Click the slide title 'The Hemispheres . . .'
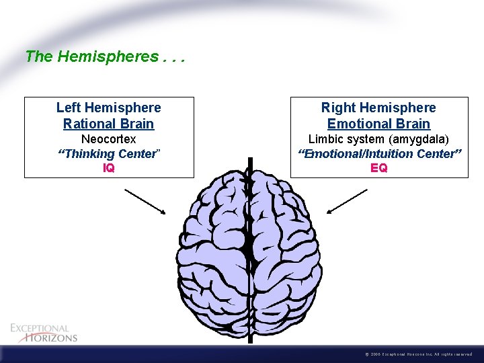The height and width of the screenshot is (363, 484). (104, 56)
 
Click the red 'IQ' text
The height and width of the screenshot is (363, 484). (109, 168)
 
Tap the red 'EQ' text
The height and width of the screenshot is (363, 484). (379, 168)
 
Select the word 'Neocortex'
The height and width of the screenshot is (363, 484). (109, 139)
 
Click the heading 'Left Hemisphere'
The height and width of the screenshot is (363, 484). (109, 108)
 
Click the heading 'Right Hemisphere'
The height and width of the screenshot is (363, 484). (378, 108)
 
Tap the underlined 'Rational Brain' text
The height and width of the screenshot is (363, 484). (109, 124)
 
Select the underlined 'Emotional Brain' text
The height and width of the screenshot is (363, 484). (378, 124)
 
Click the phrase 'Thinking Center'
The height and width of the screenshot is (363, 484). (109, 154)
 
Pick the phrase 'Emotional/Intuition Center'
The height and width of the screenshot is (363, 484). (379, 154)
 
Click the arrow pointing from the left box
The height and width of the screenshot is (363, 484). (145, 201)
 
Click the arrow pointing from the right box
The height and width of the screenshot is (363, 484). (347, 201)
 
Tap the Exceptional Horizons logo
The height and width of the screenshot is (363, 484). (44, 333)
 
